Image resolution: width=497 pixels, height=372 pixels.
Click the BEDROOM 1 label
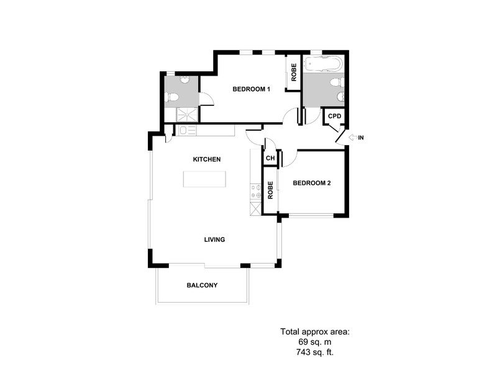(251, 89)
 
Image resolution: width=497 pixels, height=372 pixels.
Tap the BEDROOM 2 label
(312, 183)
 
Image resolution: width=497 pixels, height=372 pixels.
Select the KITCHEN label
(207, 159)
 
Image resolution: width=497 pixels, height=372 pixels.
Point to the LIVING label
(214, 239)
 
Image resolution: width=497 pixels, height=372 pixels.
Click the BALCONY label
(203, 285)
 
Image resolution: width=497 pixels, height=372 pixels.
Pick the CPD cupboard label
(334, 116)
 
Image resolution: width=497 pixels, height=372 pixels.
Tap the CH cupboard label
(270, 158)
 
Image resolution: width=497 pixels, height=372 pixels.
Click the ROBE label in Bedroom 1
(294, 73)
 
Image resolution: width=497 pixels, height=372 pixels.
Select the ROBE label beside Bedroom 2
(270, 190)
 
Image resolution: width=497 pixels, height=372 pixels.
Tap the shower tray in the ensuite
(187, 115)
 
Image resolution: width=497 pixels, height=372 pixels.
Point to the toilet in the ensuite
(173, 97)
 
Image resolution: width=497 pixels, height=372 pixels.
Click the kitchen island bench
(204, 179)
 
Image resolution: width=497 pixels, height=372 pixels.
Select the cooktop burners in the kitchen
(255, 192)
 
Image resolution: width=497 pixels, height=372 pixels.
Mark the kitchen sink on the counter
(188, 131)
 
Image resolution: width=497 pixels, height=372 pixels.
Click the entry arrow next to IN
(353, 138)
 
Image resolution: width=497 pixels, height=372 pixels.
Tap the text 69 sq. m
(315, 342)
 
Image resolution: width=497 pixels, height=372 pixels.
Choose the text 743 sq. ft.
(315, 352)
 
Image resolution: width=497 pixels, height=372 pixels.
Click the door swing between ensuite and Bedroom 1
(207, 99)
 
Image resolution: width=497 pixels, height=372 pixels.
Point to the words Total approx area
(315, 332)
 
